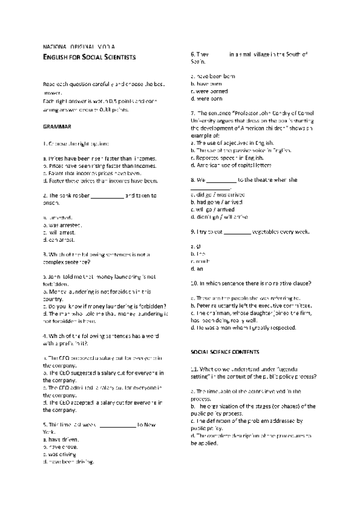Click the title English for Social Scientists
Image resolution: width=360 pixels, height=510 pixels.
coord(90,57)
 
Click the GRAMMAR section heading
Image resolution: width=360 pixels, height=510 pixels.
coord(57,127)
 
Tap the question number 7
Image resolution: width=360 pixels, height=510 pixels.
coord(192,113)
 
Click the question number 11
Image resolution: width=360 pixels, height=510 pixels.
coord(194,368)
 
